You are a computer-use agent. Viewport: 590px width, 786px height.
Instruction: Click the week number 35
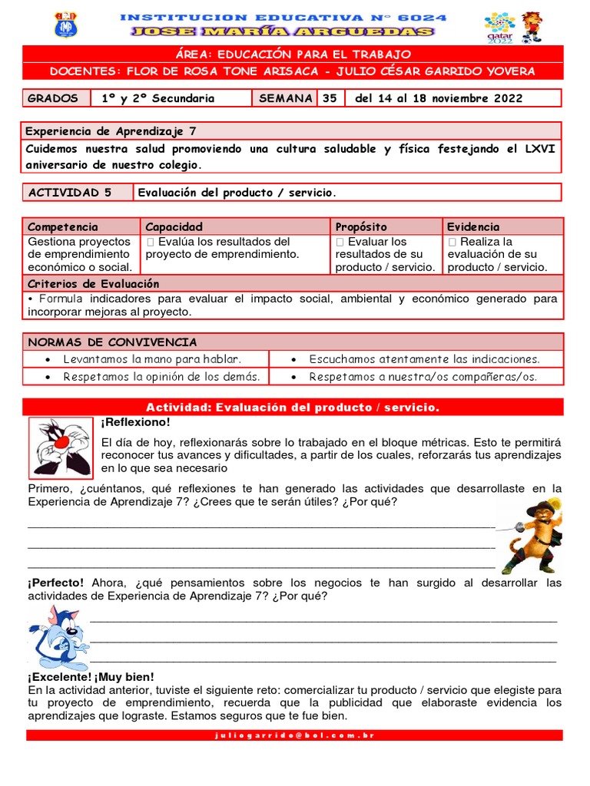point(330,98)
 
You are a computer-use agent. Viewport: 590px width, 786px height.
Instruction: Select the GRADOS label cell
point(54,98)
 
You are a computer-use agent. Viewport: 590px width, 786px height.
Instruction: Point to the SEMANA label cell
point(285,98)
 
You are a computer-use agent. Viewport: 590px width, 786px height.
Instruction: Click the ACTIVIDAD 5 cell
point(71,193)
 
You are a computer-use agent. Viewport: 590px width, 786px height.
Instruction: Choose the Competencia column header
point(63,227)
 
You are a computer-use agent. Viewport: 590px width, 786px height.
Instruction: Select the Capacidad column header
point(174,227)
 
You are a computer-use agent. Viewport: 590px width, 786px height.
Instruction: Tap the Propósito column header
point(361,227)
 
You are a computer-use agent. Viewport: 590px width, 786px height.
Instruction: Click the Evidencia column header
point(473,227)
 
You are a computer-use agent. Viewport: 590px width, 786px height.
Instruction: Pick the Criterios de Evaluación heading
point(94,284)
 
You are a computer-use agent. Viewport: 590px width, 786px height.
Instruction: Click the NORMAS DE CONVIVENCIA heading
point(112,342)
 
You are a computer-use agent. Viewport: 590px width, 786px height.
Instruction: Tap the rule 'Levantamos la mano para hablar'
point(152,359)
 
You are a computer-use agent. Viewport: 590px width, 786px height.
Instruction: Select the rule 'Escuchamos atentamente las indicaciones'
point(424,359)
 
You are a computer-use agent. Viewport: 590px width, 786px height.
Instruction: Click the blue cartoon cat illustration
point(58,636)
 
